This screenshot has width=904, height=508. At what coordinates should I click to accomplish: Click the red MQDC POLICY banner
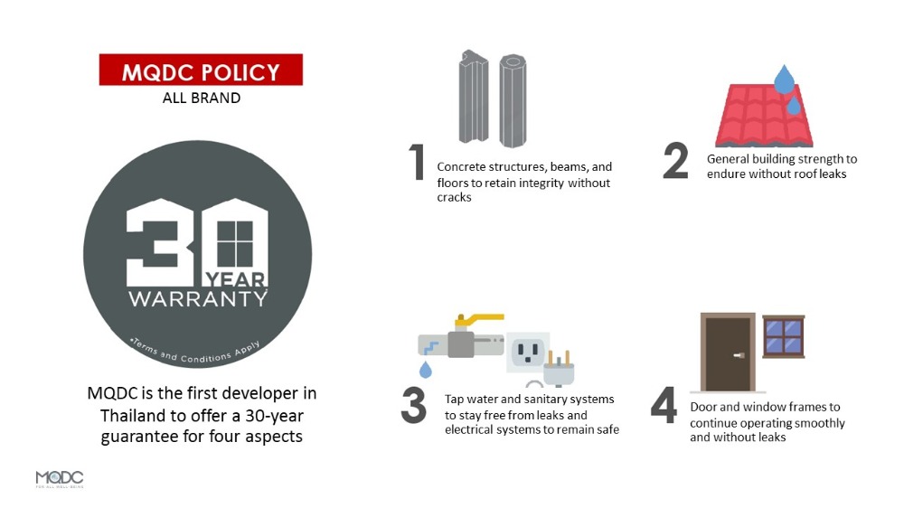click(201, 70)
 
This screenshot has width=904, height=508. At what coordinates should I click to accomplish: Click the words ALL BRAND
click(202, 98)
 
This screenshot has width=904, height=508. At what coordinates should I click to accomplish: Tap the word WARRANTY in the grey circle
click(198, 298)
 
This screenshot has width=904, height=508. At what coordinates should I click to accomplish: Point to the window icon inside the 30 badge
click(235, 243)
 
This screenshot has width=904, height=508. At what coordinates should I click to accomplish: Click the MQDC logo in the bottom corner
click(60, 479)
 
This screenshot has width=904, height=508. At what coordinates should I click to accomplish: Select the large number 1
click(418, 162)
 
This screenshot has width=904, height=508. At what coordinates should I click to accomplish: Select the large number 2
click(675, 160)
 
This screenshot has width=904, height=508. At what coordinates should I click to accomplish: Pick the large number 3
click(413, 405)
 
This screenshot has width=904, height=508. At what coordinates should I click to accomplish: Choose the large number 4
click(664, 405)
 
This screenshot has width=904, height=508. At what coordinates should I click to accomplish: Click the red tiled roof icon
click(764, 116)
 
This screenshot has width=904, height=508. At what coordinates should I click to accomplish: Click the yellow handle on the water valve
click(478, 320)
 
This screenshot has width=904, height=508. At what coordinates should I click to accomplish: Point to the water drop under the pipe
click(426, 369)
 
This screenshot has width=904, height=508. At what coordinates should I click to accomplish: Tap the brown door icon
click(728, 353)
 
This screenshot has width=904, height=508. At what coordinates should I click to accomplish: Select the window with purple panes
click(784, 337)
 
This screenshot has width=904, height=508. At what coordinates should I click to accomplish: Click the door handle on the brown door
click(739, 355)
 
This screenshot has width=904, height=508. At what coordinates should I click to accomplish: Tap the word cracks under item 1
click(455, 197)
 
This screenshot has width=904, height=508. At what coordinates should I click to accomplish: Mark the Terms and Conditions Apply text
click(196, 352)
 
